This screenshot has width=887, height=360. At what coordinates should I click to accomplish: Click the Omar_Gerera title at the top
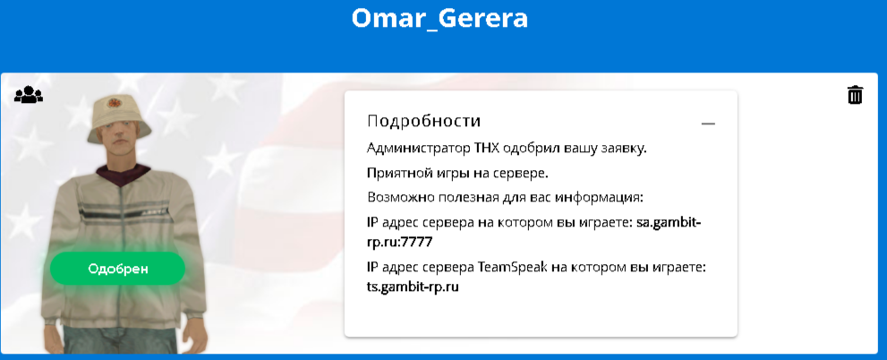pos(439,18)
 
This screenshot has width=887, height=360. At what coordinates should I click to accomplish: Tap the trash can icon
pos(855,95)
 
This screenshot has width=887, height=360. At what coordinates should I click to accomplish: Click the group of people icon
pos(29,95)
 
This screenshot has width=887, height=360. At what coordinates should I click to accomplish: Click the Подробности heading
pos(423,121)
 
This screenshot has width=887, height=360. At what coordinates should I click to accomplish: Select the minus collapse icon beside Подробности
pos(708,124)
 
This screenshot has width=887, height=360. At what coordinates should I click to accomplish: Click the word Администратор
pos(417,149)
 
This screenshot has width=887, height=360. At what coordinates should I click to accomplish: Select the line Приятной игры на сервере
pos(457,173)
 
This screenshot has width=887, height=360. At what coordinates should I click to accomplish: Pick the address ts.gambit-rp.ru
pos(413,287)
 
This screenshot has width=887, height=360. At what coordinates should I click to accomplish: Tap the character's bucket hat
pos(119,117)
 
